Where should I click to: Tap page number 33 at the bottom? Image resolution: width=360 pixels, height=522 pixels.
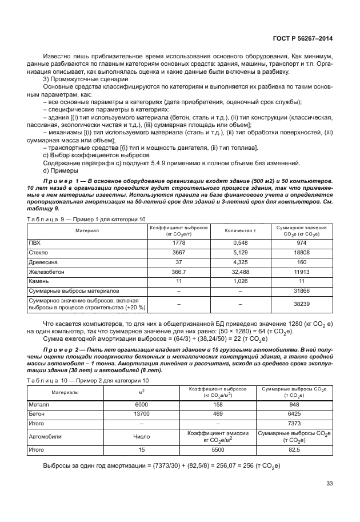(x=329, y=484)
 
